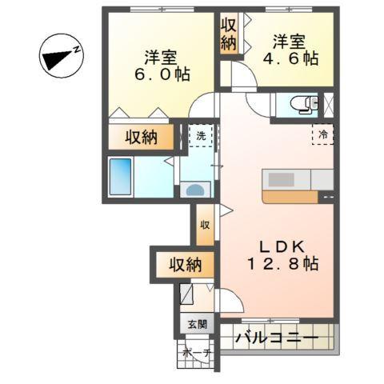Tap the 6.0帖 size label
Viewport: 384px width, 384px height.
(160, 77)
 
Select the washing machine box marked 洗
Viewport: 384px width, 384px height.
(201, 135)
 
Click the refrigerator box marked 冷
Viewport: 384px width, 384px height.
(323, 135)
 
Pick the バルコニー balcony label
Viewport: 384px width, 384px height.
(276, 338)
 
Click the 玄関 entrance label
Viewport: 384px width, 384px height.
(197, 325)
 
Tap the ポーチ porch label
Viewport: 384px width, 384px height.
(196, 353)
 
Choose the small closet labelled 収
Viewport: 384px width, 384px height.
(205, 225)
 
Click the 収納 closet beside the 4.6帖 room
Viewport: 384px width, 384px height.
(228, 34)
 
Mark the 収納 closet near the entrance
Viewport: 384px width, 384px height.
(184, 264)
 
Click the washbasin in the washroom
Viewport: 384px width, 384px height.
(196, 190)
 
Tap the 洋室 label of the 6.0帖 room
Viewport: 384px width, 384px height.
(160, 58)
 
